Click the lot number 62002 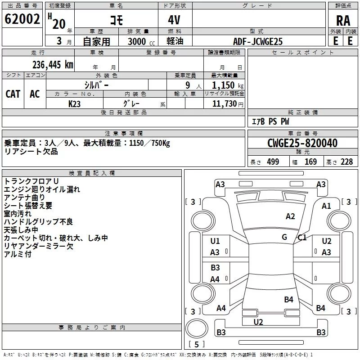click(22, 19)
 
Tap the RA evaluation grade click(343, 20)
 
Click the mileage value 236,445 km click(52, 64)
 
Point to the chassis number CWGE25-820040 click(302, 143)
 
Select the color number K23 click(75, 103)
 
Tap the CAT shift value click(13, 94)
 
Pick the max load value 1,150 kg click(224, 85)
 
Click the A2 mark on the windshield click(290, 216)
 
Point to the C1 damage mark click(302, 237)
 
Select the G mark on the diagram click(284, 237)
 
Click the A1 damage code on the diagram click(326, 206)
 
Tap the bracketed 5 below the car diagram click(196, 344)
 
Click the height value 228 click(346, 162)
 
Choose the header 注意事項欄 click(124, 134)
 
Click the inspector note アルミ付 click(18, 254)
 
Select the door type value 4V click(175, 20)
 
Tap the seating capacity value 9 click(187, 85)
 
